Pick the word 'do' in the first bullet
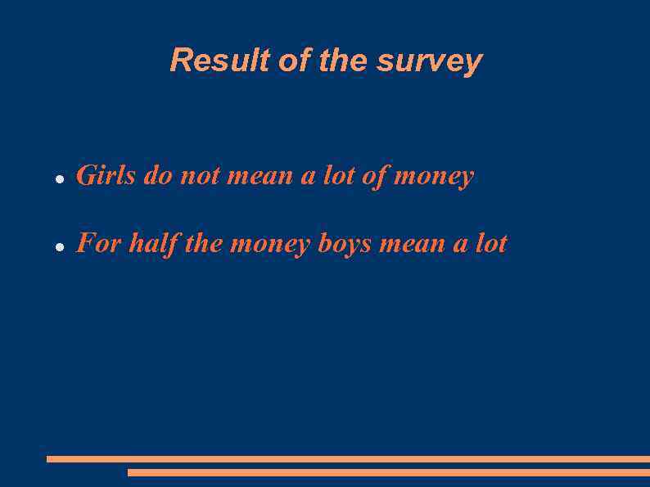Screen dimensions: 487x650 [x=157, y=176]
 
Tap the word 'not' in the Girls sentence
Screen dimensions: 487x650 [x=199, y=176]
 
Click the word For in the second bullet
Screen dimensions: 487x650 [x=99, y=244]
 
